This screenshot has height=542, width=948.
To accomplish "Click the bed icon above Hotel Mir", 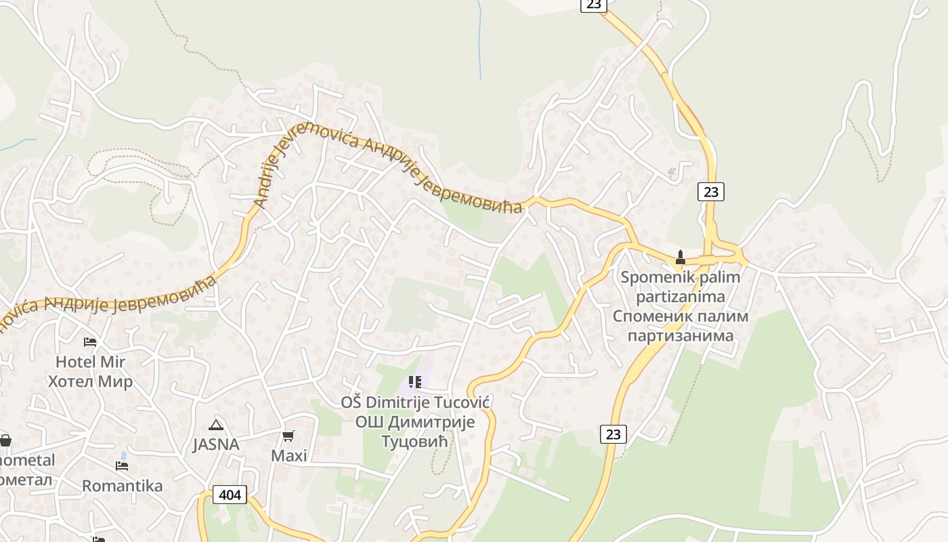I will [x=89, y=341].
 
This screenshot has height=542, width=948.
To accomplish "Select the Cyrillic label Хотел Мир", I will [x=90, y=381].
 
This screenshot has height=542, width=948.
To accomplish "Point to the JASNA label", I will [x=216, y=444].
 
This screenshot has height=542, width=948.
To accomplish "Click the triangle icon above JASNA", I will [x=216, y=425].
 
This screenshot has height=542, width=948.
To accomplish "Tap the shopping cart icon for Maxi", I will [x=288, y=436].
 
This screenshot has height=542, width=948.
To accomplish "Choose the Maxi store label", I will [x=289, y=455].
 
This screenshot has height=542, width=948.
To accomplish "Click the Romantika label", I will [x=123, y=486].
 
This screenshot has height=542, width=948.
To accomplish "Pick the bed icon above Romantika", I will [x=122, y=466].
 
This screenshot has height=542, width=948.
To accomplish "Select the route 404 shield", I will [x=230, y=495].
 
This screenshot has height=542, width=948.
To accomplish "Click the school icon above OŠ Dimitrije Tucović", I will [x=415, y=383].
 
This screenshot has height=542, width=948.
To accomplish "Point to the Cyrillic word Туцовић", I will [x=416, y=442].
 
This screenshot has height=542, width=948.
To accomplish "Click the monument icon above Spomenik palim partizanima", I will [x=681, y=257].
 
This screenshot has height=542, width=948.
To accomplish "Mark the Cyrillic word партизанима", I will [x=681, y=335].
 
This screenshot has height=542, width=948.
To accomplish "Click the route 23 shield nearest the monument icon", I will [x=710, y=192].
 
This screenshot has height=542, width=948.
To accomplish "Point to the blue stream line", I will [x=480, y=41].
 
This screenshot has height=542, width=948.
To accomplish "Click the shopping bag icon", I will [x=5, y=441].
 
